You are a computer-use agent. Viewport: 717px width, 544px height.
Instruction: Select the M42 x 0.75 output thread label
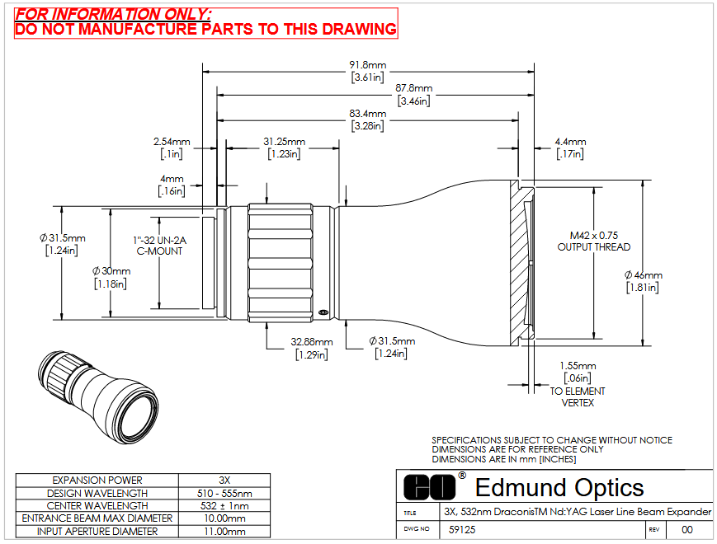click(593, 242)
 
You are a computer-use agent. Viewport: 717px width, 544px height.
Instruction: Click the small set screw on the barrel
click(323, 312)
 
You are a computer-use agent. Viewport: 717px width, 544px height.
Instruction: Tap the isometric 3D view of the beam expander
click(99, 396)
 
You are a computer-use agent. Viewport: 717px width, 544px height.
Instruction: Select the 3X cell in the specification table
click(224, 480)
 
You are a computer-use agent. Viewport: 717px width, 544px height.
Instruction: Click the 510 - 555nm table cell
click(224, 493)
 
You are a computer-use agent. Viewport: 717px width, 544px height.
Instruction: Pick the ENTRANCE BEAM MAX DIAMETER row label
click(97, 518)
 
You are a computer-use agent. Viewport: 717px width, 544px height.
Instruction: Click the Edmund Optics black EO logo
click(429, 487)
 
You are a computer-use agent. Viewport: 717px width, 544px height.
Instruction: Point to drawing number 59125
click(462, 529)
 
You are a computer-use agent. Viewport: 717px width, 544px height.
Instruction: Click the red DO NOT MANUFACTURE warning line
click(205, 29)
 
